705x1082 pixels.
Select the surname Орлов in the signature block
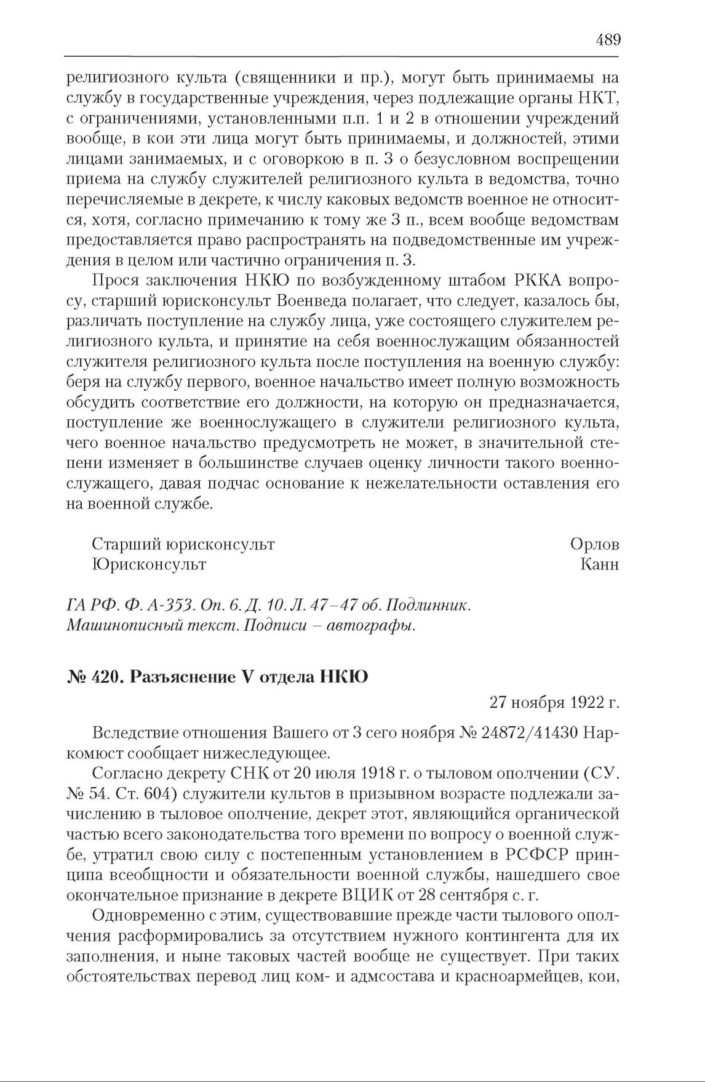coord(594,544)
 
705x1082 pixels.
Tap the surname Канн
coord(599,564)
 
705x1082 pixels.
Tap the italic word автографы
coord(375,627)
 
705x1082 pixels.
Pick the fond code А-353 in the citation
coord(169,606)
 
